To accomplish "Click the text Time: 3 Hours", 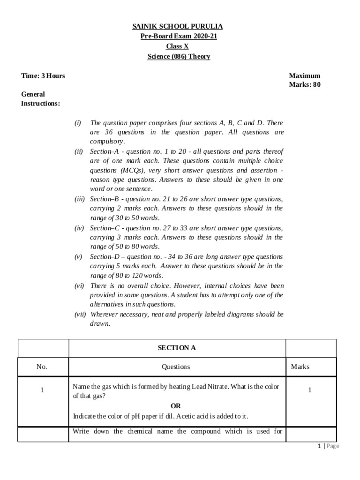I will pyautogui.click(x=43, y=76).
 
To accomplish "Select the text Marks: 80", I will pyautogui.click(x=305, y=85).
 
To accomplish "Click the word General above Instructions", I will pyautogui.click(x=33, y=94).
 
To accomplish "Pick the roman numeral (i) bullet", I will pyautogui.click(x=77, y=123).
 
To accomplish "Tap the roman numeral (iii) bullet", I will pyautogui.click(x=79, y=199).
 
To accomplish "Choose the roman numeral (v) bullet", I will pyautogui.click(x=78, y=257).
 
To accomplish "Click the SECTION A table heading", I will pyautogui.click(x=177, y=348).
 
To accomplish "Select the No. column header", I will pyautogui.click(x=42, y=367).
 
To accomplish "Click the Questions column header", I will pyautogui.click(x=177, y=367).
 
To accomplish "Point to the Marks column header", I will pyautogui.click(x=300, y=367).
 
